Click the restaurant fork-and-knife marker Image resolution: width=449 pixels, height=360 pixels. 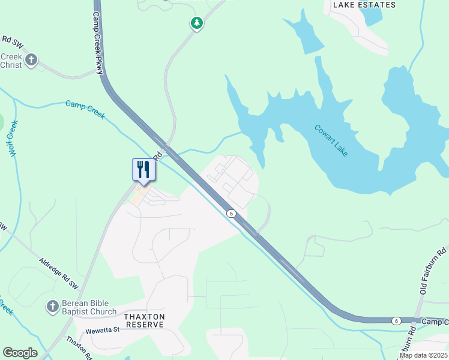coord(143,169)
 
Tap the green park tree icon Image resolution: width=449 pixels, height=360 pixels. coord(196,23)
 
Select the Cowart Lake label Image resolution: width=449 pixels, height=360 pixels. coord(331,140)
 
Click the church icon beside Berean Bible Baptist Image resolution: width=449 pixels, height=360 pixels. coord(52,307)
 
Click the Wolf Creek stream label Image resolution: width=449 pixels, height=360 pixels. coord(13,139)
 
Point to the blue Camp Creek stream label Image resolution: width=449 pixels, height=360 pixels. coord(85,110)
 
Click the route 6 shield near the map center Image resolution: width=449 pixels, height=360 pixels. coord(231,214)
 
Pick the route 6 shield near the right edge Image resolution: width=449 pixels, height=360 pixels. coord(396,321)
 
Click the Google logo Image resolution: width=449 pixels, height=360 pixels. coord(20,353)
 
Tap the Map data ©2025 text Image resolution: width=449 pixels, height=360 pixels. coord(423,355)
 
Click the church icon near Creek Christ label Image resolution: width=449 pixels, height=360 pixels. coord(31,60)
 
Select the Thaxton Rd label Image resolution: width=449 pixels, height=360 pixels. coord(79,347)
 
